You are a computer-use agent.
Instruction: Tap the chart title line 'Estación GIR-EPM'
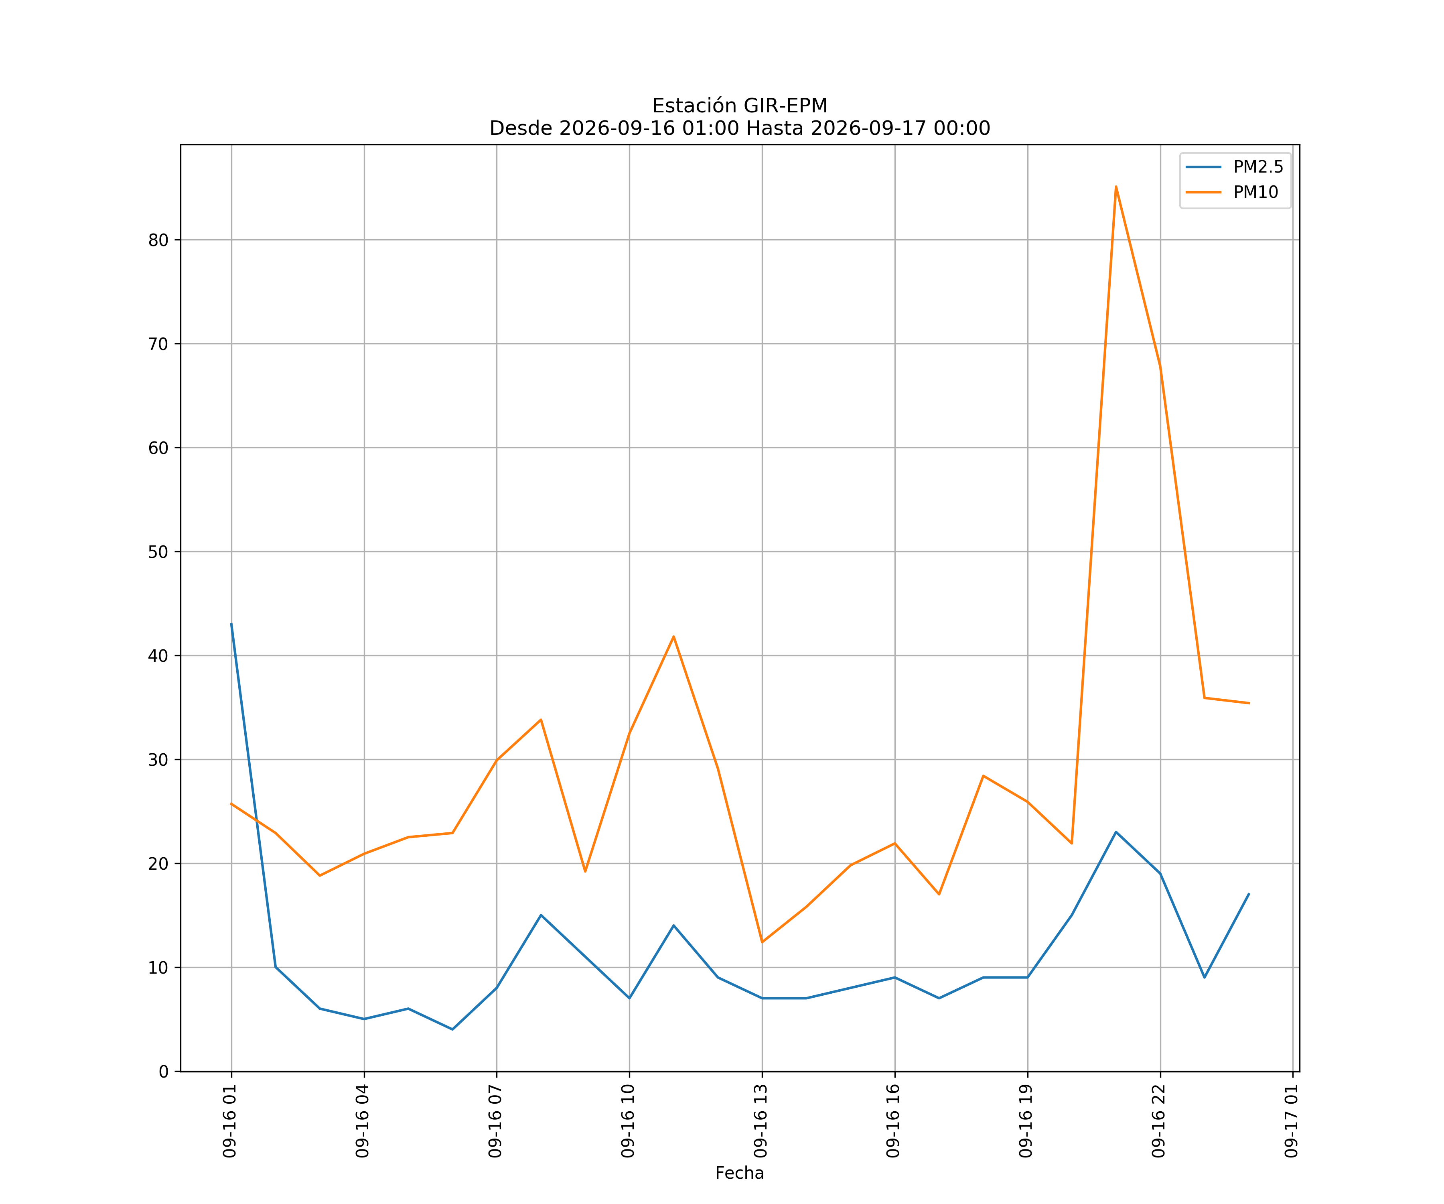[x=740, y=106]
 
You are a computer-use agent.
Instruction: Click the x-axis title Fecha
[x=740, y=1173]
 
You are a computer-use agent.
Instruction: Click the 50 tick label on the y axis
[x=158, y=552]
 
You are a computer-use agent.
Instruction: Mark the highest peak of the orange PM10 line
[x=1116, y=187]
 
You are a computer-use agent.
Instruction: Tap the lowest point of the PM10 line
[x=762, y=942]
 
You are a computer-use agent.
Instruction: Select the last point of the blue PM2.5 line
[x=1249, y=894]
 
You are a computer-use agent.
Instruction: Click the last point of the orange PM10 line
[x=1249, y=703]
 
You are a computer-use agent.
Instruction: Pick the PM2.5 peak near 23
[x=1116, y=832]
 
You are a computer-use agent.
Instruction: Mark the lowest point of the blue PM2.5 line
[x=452, y=1029]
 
